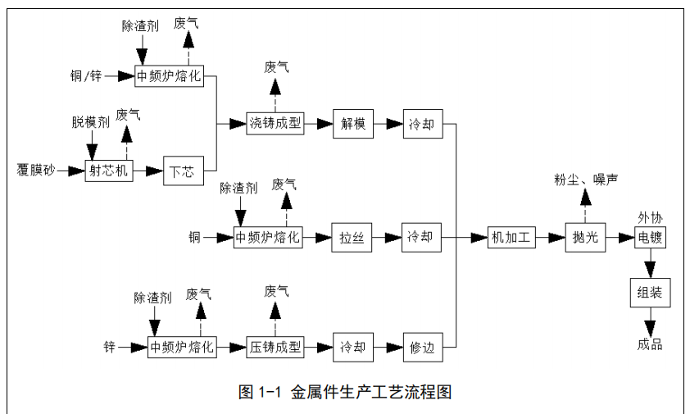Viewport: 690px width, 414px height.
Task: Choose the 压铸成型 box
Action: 275,347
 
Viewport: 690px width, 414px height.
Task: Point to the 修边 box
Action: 422,347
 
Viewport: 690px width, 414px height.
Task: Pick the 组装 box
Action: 650,293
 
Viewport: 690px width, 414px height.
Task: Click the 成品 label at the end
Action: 649,344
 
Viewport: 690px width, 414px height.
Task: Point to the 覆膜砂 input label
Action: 35,171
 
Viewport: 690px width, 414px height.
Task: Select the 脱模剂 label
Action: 90,123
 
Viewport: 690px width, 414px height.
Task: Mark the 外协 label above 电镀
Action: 650,218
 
